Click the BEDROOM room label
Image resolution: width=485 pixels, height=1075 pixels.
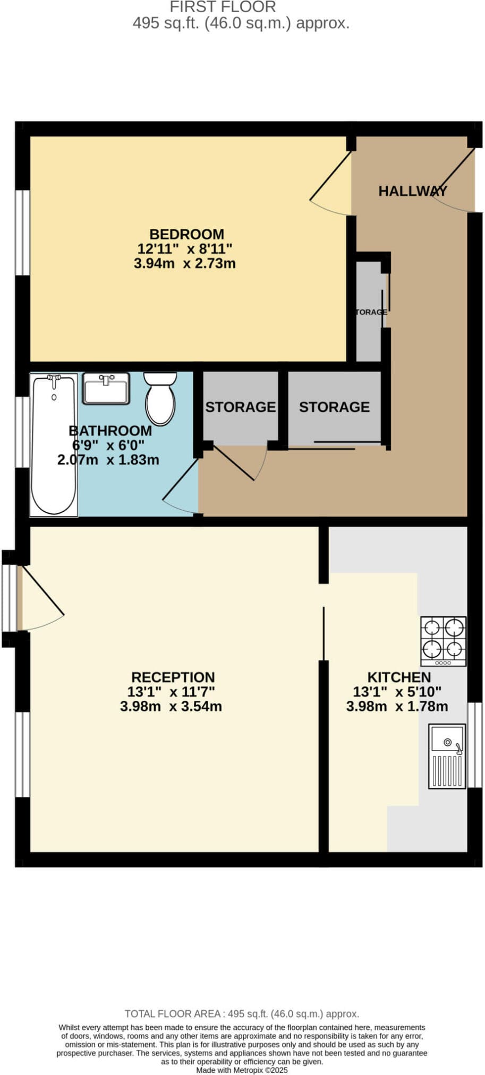coord(186,234)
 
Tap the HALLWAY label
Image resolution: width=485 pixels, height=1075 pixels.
coord(413,191)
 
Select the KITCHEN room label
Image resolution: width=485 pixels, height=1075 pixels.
coord(399,677)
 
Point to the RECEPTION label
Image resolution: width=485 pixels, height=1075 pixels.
coord(173,677)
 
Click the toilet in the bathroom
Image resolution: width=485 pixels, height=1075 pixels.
coord(160,399)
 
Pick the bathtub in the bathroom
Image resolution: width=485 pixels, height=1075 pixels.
coord(54,444)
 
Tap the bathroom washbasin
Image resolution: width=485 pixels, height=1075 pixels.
coord(106,389)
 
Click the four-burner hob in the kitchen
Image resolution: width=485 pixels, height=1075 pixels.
coord(444,641)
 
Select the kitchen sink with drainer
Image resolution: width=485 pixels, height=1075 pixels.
coord(447,756)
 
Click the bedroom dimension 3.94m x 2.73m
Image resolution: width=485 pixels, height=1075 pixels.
coord(185,263)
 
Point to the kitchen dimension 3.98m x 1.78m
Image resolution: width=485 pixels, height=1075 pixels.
coord(397,707)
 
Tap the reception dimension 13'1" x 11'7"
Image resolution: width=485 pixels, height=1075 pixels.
coord(171,692)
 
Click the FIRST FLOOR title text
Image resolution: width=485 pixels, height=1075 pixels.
coord(223,7)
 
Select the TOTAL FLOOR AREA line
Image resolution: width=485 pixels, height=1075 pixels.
coord(242,1013)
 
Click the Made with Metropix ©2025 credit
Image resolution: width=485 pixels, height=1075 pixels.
coord(242,1070)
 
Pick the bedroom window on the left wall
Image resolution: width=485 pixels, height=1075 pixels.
coord(22,233)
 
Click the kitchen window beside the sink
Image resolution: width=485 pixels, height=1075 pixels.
coord(475,745)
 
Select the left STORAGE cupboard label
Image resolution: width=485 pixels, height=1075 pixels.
coord(241,407)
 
